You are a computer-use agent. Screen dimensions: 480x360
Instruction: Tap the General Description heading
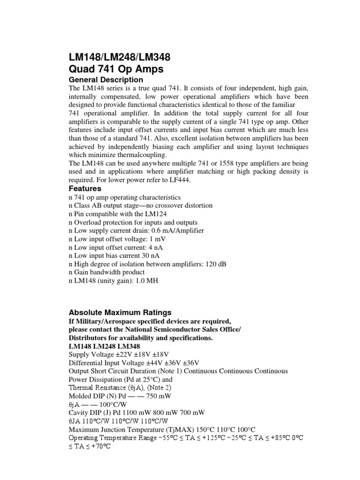tap(106, 80)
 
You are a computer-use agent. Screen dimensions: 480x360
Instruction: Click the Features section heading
tap(85, 188)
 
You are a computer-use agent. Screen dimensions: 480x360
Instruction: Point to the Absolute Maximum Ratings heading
tap(120, 312)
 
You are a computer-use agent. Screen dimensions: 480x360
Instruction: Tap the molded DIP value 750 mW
tap(137, 396)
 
